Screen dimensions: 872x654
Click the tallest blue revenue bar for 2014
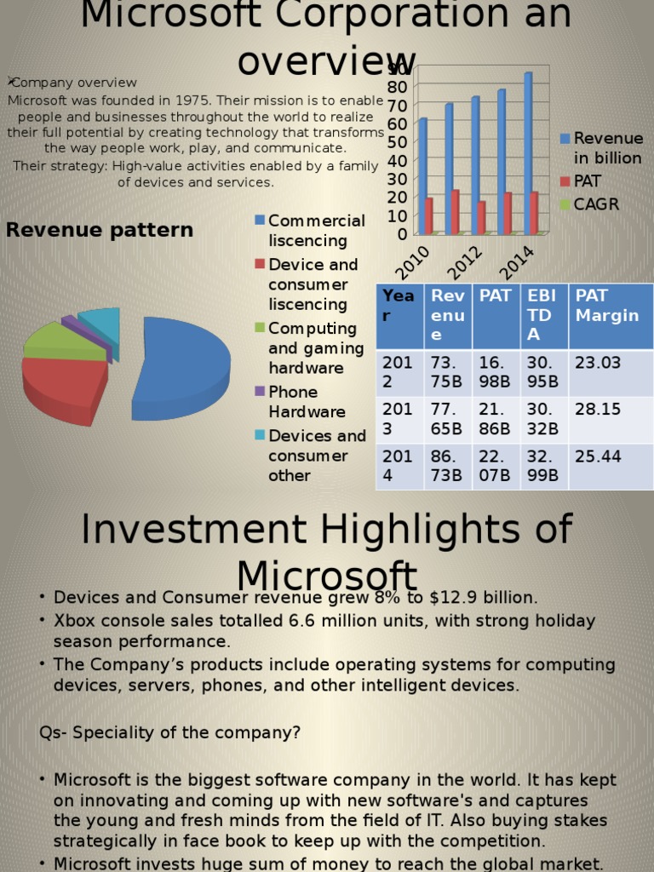528,153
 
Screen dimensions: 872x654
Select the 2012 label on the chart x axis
465,262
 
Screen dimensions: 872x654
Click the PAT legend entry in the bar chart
586,181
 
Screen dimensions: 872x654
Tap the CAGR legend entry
595,204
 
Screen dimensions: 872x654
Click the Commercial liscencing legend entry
316,231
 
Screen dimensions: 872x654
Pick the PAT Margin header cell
607,306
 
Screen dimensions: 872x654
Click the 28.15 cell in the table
598,410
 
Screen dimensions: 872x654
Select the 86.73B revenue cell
447,466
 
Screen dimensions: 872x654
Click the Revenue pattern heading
100,230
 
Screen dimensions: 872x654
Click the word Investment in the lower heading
192,530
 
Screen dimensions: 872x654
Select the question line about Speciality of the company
170,732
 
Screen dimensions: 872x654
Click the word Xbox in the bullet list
72,621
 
